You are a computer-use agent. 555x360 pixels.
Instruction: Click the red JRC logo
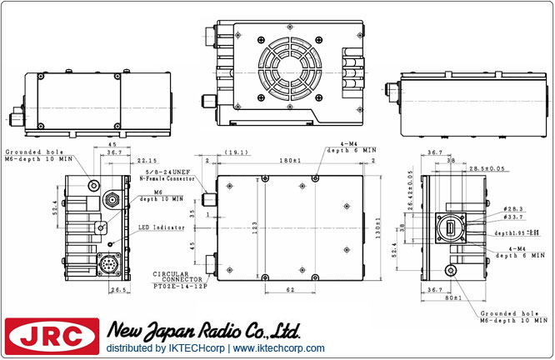click(51, 337)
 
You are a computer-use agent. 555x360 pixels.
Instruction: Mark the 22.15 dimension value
click(148, 160)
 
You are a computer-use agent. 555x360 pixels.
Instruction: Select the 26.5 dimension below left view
click(116, 291)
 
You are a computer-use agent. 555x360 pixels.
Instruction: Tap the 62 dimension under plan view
click(289, 289)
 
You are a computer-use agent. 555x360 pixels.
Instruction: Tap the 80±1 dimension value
click(455, 297)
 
